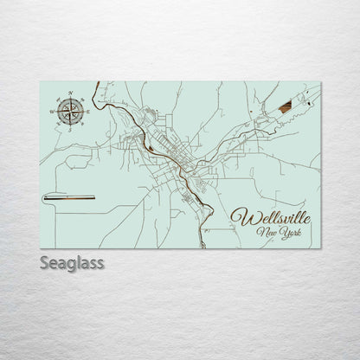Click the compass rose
pos(71,110)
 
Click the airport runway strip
pos(68,198)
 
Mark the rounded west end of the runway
pos(45,198)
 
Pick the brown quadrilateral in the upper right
pos(285,106)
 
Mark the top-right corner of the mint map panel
pos(319,81)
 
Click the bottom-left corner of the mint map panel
pos(41,248)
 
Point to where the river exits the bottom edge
pos(202,247)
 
